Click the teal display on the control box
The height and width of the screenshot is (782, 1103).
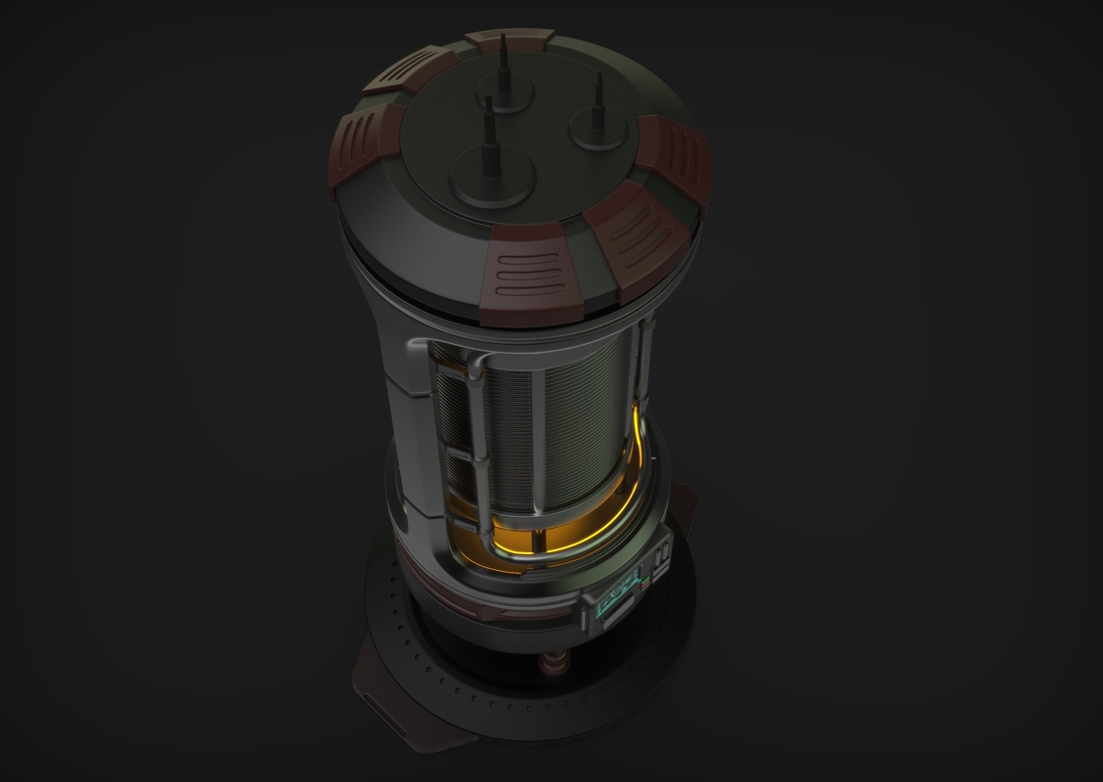pyautogui.click(x=612, y=599)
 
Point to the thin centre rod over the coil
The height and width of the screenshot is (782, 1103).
pyautogui.click(x=537, y=440)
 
